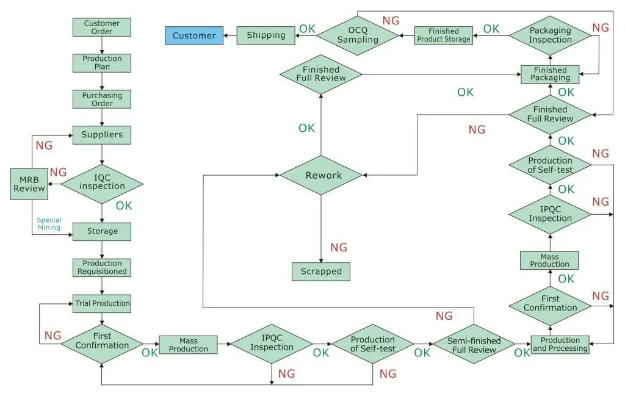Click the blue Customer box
click(x=194, y=35)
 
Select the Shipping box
click(x=266, y=35)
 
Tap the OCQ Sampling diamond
click(x=358, y=35)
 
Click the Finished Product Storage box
click(x=444, y=35)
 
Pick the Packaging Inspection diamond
click(x=550, y=35)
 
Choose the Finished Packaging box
click(x=550, y=74)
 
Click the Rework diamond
click(x=321, y=175)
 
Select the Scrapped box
click(x=321, y=272)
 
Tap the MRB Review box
click(x=29, y=184)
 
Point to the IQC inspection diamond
click(x=102, y=184)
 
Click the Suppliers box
click(x=102, y=135)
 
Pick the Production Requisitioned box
click(x=102, y=268)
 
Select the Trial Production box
click(x=102, y=304)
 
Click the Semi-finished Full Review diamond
click(x=474, y=344)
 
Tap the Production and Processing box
click(x=560, y=345)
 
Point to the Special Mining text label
click(x=49, y=224)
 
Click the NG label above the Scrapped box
click(x=339, y=247)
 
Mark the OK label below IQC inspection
click(x=123, y=206)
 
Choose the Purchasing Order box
click(x=102, y=99)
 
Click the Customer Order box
click(x=102, y=27)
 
